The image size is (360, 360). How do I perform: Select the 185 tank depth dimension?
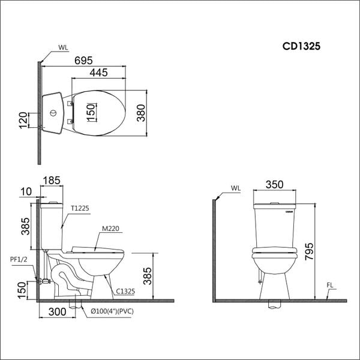53,179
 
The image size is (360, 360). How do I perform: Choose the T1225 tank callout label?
79,208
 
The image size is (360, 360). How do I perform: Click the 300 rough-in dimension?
57,313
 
